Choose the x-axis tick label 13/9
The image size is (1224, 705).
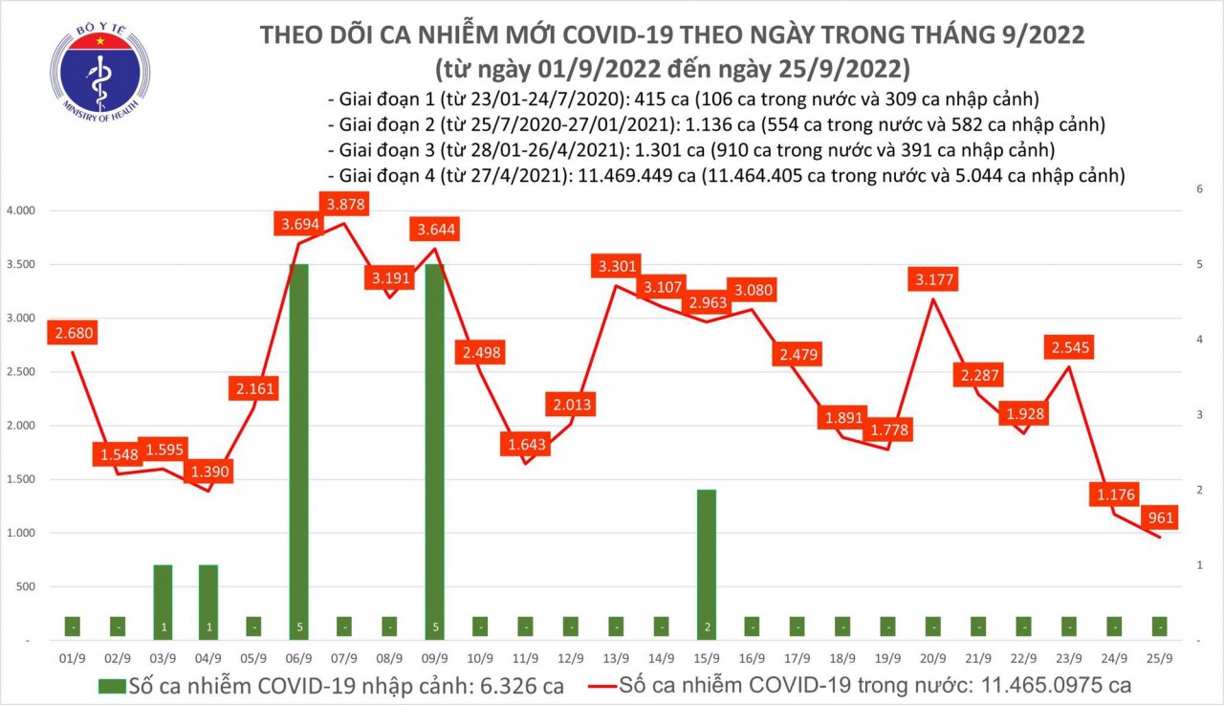(616, 658)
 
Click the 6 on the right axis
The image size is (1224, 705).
(1198, 189)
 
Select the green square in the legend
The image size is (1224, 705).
(112, 685)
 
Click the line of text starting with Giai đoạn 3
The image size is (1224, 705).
(689, 150)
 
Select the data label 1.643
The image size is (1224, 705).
(525, 443)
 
